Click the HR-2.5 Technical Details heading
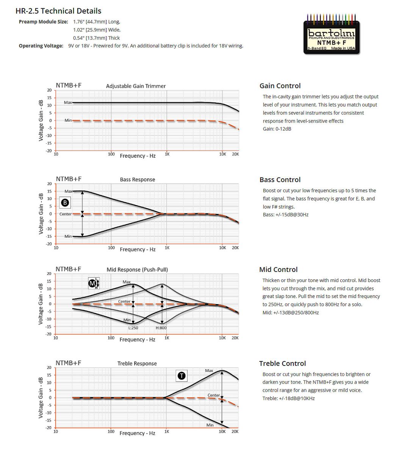click(58, 11)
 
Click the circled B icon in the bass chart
click(65, 202)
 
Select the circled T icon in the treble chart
click(182, 375)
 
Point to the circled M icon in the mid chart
click(92, 283)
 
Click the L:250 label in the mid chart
click(133, 328)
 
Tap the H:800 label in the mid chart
click(161, 328)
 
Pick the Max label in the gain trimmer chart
click(68, 102)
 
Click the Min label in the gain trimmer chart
click(68, 120)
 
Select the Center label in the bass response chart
click(66, 214)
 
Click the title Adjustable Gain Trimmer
click(136, 86)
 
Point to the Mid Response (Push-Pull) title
click(137, 270)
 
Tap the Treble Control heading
click(282, 363)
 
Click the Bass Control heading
click(280, 180)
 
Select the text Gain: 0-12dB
click(277, 129)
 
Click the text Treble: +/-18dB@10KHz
click(288, 398)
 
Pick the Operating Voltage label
click(41, 46)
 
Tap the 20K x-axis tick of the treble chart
click(235, 431)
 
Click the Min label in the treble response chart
click(210, 425)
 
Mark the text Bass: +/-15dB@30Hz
click(285, 215)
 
